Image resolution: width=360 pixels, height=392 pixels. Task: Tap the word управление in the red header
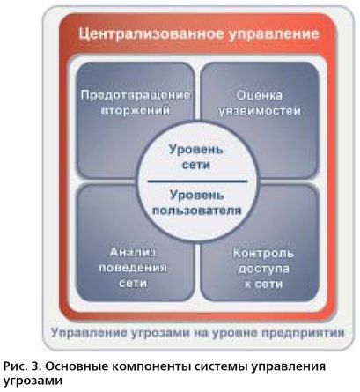tap(273, 34)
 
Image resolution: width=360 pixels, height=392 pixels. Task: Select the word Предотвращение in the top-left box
tap(136, 96)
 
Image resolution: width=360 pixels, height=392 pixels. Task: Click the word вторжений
tap(136, 111)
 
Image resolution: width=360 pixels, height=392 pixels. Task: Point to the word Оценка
tap(260, 96)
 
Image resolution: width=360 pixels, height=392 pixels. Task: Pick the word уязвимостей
tap(260, 112)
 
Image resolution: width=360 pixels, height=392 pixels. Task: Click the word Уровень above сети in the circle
tap(196, 150)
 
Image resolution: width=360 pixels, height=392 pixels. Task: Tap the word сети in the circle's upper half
tap(196, 165)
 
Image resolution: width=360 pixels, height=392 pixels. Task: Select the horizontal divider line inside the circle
tap(197, 181)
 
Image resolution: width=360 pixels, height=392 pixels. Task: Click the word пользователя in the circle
tap(197, 211)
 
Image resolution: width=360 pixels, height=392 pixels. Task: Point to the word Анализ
tap(133, 253)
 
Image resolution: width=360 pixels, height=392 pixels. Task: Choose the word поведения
tap(133, 268)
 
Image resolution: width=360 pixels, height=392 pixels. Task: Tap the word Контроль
tap(263, 254)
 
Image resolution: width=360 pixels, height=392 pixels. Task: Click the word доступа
tap(263, 270)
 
